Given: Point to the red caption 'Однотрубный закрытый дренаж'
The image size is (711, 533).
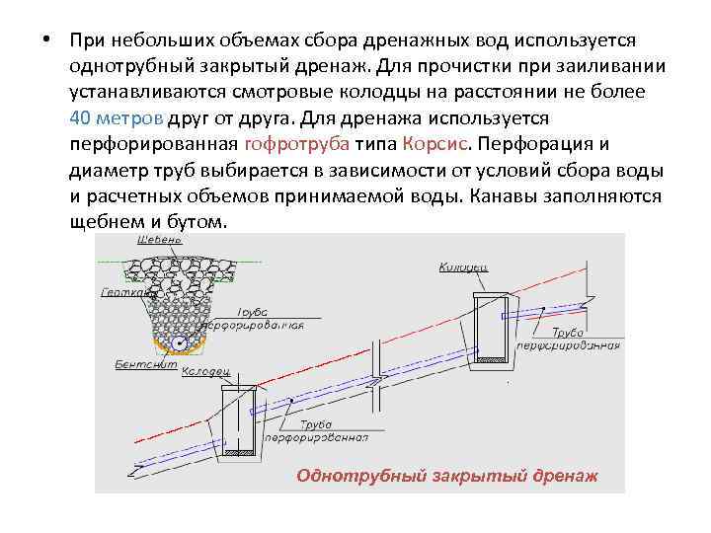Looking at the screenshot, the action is [447, 475].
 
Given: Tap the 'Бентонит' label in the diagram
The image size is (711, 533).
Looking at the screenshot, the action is [124, 364].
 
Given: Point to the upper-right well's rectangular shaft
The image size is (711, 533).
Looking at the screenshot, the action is [492, 327].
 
